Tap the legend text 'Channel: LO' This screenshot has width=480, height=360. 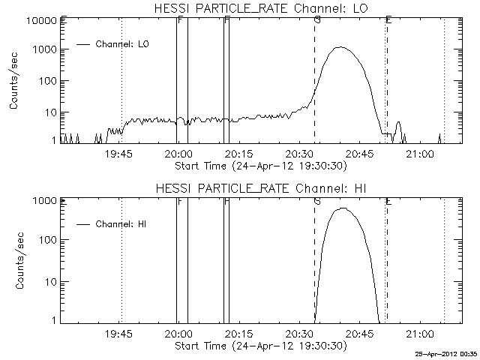click(x=123, y=45)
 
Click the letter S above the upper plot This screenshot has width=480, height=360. click(x=317, y=20)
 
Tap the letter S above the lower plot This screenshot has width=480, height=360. click(x=317, y=201)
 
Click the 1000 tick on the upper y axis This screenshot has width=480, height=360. click(x=42, y=49)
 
